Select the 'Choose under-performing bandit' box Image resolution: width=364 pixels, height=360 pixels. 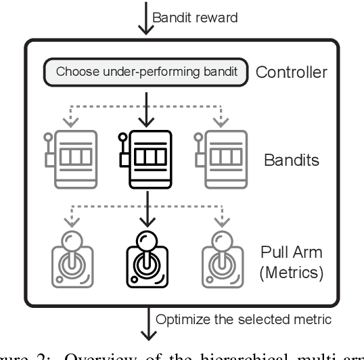[145, 72]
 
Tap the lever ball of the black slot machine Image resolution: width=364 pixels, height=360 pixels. [122, 137]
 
